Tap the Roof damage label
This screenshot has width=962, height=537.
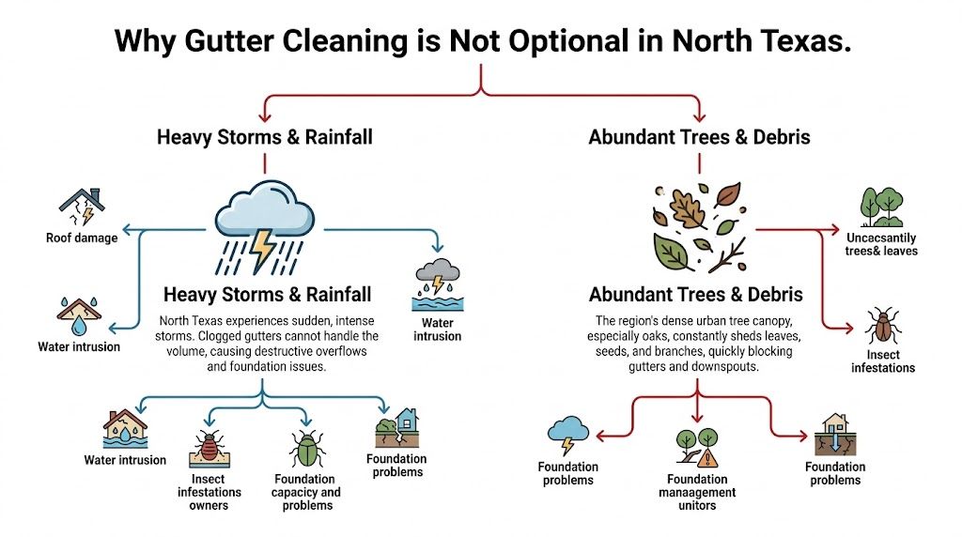(82, 238)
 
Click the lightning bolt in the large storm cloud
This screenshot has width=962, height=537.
(262, 247)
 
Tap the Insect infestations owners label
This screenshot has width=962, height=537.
(209, 492)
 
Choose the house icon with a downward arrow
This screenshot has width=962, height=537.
(834, 434)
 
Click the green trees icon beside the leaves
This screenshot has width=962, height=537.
(881, 207)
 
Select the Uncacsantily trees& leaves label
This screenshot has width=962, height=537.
(881, 244)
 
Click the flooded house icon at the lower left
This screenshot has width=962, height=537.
(125, 430)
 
